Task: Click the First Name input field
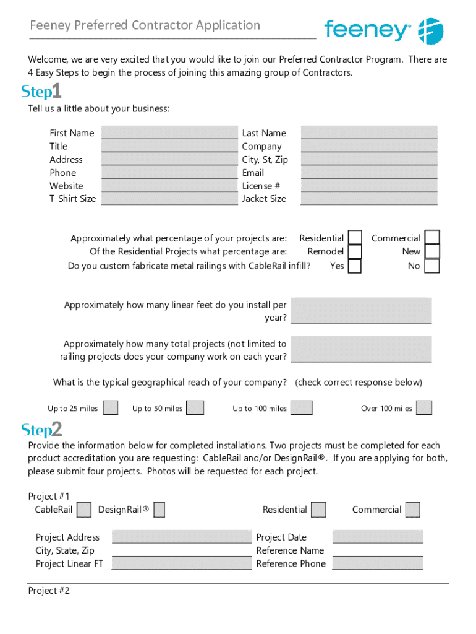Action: (x=169, y=132)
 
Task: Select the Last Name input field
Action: (x=368, y=132)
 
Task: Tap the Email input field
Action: (x=368, y=172)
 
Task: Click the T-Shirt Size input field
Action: (x=169, y=198)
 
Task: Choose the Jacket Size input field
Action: (x=368, y=198)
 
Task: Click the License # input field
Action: (x=368, y=185)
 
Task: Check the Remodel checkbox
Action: (x=355, y=252)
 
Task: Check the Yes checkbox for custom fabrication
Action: (x=355, y=266)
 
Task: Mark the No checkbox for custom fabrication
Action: (x=432, y=266)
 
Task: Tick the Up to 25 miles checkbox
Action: (x=111, y=407)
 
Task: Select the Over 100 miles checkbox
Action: (x=423, y=407)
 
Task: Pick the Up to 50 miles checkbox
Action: (x=195, y=407)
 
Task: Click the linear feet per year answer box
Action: (x=361, y=310)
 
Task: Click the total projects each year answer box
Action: (x=361, y=349)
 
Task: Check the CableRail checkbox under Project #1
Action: (x=85, y=510)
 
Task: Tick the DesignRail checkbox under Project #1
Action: (x=159, y=510)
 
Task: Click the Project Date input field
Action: (x=378, y=537)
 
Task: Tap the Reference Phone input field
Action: (x=378, y=563)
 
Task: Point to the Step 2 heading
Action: (x=41, y=429)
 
